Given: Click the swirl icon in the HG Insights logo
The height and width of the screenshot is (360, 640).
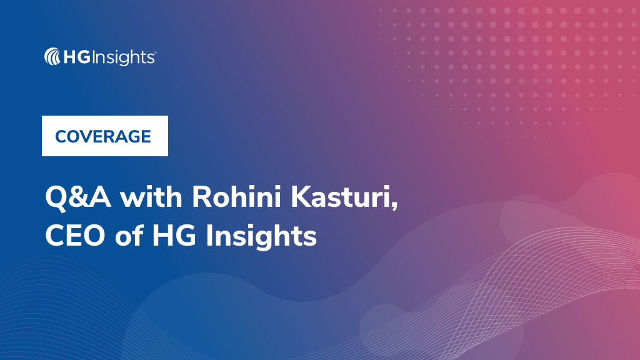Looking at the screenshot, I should (52, 57).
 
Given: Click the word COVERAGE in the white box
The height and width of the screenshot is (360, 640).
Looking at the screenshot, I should (103, 136).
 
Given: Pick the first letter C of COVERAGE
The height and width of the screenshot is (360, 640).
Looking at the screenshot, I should (61, 136).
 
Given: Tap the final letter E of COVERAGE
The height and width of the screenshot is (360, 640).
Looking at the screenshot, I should (146, 136).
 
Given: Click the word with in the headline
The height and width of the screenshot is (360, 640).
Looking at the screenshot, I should (151, 198).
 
